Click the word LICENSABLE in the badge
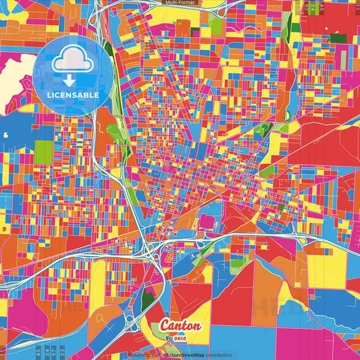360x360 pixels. (74, 95)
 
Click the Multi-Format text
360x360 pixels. (180, 3)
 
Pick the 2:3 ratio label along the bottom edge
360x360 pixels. (63, 352)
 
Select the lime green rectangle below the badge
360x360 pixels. (43, 151)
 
